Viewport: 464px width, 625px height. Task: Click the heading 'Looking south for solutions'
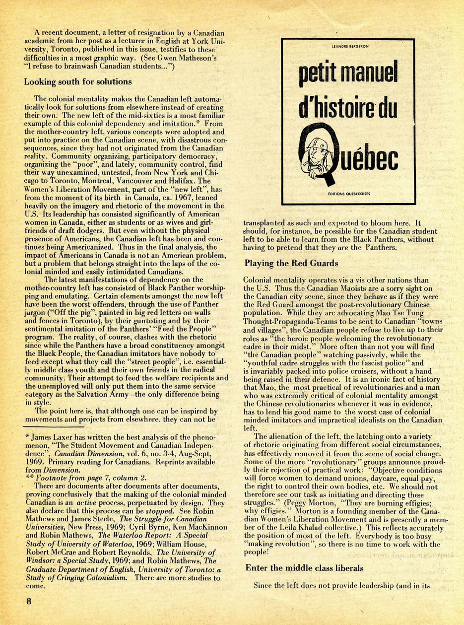[78, 82]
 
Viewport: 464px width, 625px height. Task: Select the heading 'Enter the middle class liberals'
[305, 568]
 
